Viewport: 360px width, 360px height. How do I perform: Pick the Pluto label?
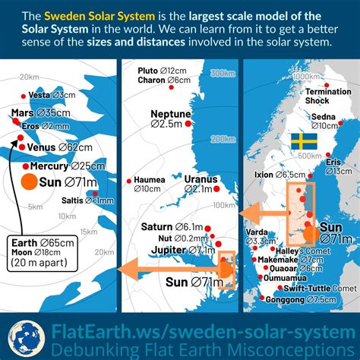(148, 71)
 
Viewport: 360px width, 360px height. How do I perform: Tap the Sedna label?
(324, 116)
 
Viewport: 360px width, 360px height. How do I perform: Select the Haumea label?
(150, 180)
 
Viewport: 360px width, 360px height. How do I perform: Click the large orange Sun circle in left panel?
(29, 182)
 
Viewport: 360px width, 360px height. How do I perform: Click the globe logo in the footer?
(24, 335)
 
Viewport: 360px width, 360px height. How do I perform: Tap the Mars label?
(23, 112)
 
